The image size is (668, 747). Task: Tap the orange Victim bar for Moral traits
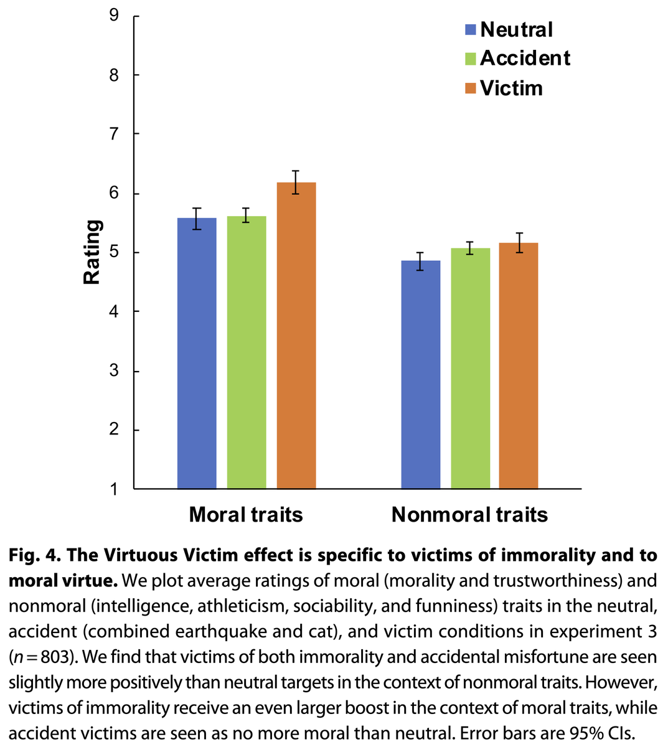(296, 336)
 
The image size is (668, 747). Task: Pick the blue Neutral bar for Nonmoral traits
(420, 374)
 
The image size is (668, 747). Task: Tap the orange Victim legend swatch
(471, 88)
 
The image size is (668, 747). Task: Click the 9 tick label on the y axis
(114, 15)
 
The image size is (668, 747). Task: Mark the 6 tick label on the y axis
(114, 193)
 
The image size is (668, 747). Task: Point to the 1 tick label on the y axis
(114, 489)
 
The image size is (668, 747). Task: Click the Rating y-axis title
(92, 252)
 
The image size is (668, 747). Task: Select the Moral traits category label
(246, 515)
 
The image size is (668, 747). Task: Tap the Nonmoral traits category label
(469, 515)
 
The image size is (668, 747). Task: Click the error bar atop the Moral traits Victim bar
(296, 182)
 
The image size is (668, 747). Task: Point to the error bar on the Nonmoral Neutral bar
(420, 261)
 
